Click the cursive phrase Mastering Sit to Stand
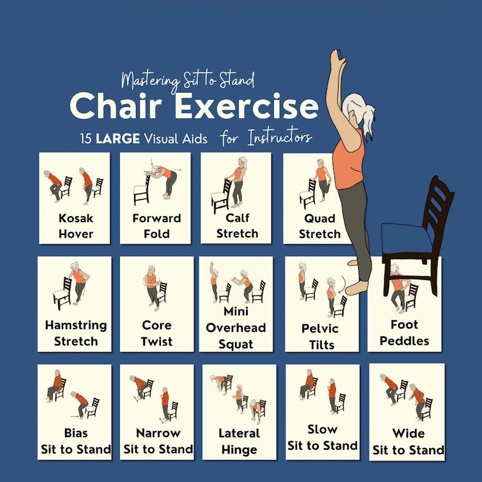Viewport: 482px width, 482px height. click(x=188, y=80)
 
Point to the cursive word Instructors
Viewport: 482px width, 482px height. click(x=279, y=138)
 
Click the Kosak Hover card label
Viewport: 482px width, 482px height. click(x=76, y=226)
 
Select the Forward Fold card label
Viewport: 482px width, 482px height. click(x=157, y=226)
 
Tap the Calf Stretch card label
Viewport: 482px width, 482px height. click(x=237, y=225)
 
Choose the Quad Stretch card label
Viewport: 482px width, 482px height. click(x=319, y=226)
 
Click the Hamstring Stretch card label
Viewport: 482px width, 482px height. click(x=75, y=333)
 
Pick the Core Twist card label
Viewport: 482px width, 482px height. click(x=157, y=333)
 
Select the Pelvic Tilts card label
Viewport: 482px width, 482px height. click(x=319, y=336)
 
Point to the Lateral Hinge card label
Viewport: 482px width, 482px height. click(x=239, y=441)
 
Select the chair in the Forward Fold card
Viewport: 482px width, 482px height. click(x=141, y=191)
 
